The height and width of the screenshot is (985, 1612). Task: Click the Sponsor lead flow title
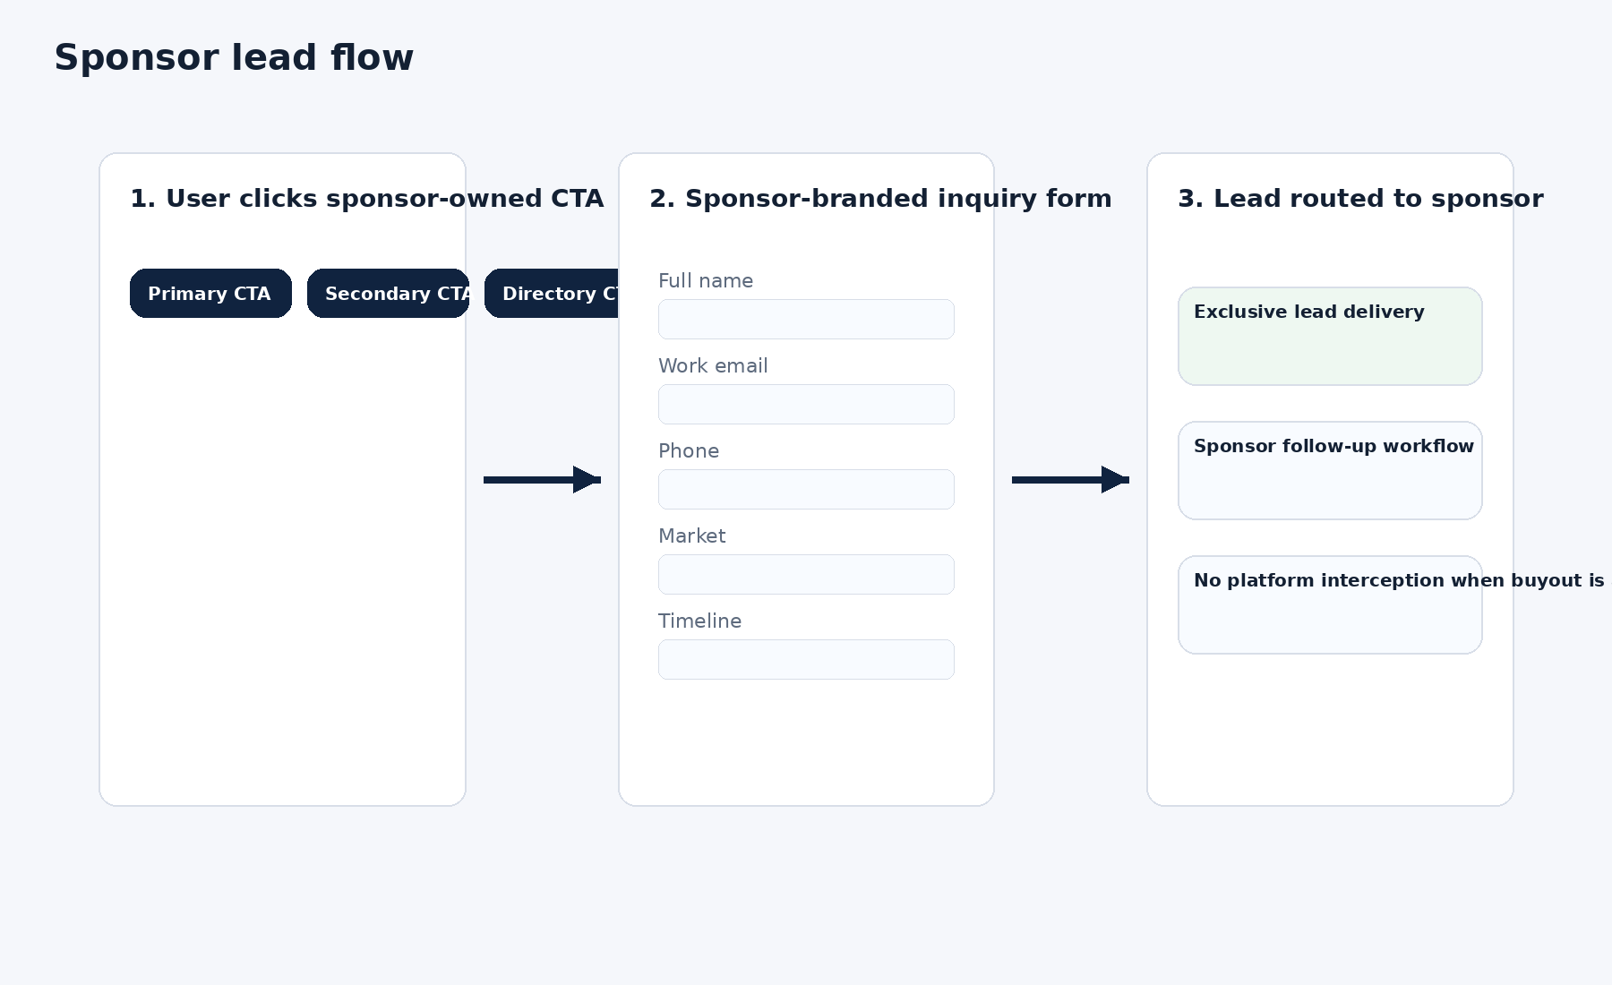pyautogui.click(x=234, y=58)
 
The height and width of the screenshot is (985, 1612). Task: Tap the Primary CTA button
pyautogui.click(x=210, y=294)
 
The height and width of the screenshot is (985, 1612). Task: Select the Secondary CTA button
pyautogui.click(x=388, y=294)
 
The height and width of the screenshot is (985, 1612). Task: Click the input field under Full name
pyautogui.click(x=806, y=320)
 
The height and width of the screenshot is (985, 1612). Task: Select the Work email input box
pyautogui.click(x=806, y=405)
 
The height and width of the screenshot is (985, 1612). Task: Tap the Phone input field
pyautogui.click(x=806, y=490)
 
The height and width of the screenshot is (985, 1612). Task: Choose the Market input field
pyautogui.click(x=806, y=575)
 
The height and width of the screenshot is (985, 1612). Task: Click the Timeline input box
pyautogui.click(x=806, y=660)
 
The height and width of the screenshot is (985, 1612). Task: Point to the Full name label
pyautogui.click(x=706, y=281)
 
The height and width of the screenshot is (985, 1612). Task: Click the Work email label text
pyautogui.click(x=713, y=366)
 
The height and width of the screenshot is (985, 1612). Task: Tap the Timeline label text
pyautogui.click(x=699, y=621)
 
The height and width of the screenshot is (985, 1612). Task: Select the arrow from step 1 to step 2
pyautogui.click(x=542, y=480)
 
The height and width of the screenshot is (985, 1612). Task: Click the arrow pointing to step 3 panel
pyautogui.click(x=1070, y=480)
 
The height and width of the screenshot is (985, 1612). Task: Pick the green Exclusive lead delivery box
pyautogui.click(x=1330, y=337)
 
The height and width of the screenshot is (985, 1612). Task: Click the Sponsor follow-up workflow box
pyautogui.click(x=1330, y=471)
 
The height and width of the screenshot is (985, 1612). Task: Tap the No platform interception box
pyautogui.click(x=1330, y=605)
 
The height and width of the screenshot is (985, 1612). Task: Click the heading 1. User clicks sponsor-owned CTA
pyautogui.click(x=366, y=199)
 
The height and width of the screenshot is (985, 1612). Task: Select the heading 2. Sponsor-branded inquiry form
pyautogui.click(x=880, y=199)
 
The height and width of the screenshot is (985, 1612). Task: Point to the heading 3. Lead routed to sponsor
pyautogui.click(x=1360, y=199)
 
